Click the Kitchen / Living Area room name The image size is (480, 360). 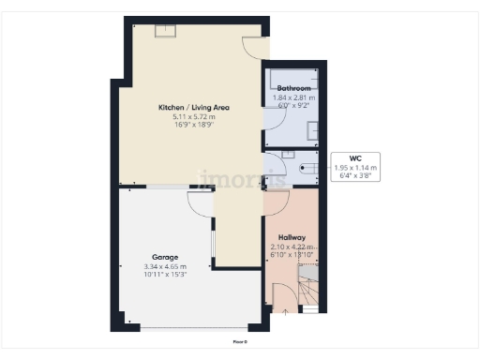tap(194, 108)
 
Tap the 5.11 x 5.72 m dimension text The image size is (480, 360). tap(194, 116)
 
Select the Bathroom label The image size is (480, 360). tap(292, 88)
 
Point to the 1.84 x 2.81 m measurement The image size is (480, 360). tap(292, 96)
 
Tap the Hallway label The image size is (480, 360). tap(292, 238)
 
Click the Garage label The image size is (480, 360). tap(166, 257)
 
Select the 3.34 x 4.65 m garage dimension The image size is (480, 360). tap(166, 266)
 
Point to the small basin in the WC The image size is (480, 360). tap(289, 154)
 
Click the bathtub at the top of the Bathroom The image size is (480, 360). tap(293, 75)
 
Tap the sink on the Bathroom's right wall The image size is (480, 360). tap(314, 131)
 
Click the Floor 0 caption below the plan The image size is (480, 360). tap(240, 341)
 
